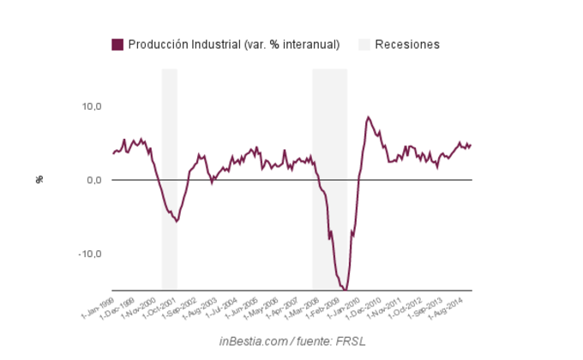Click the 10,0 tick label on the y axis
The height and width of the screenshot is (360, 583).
click(92, 106)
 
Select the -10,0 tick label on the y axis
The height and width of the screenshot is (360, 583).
click(90, 254)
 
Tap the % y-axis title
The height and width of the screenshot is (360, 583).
click(39, 179)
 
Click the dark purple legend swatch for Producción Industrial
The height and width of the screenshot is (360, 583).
click(117, 45)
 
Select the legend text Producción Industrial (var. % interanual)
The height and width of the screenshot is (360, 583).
click(233, 45)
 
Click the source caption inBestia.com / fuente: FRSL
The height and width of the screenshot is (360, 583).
click(291, 341)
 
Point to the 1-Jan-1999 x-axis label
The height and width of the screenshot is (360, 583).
click(98, 306)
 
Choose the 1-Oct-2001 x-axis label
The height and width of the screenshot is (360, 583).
click(160, 307)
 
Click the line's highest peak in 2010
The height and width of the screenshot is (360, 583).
click(368, 117)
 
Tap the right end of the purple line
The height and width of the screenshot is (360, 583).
click(471, 144)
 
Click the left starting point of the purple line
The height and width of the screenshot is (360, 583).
click(112, 154)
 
